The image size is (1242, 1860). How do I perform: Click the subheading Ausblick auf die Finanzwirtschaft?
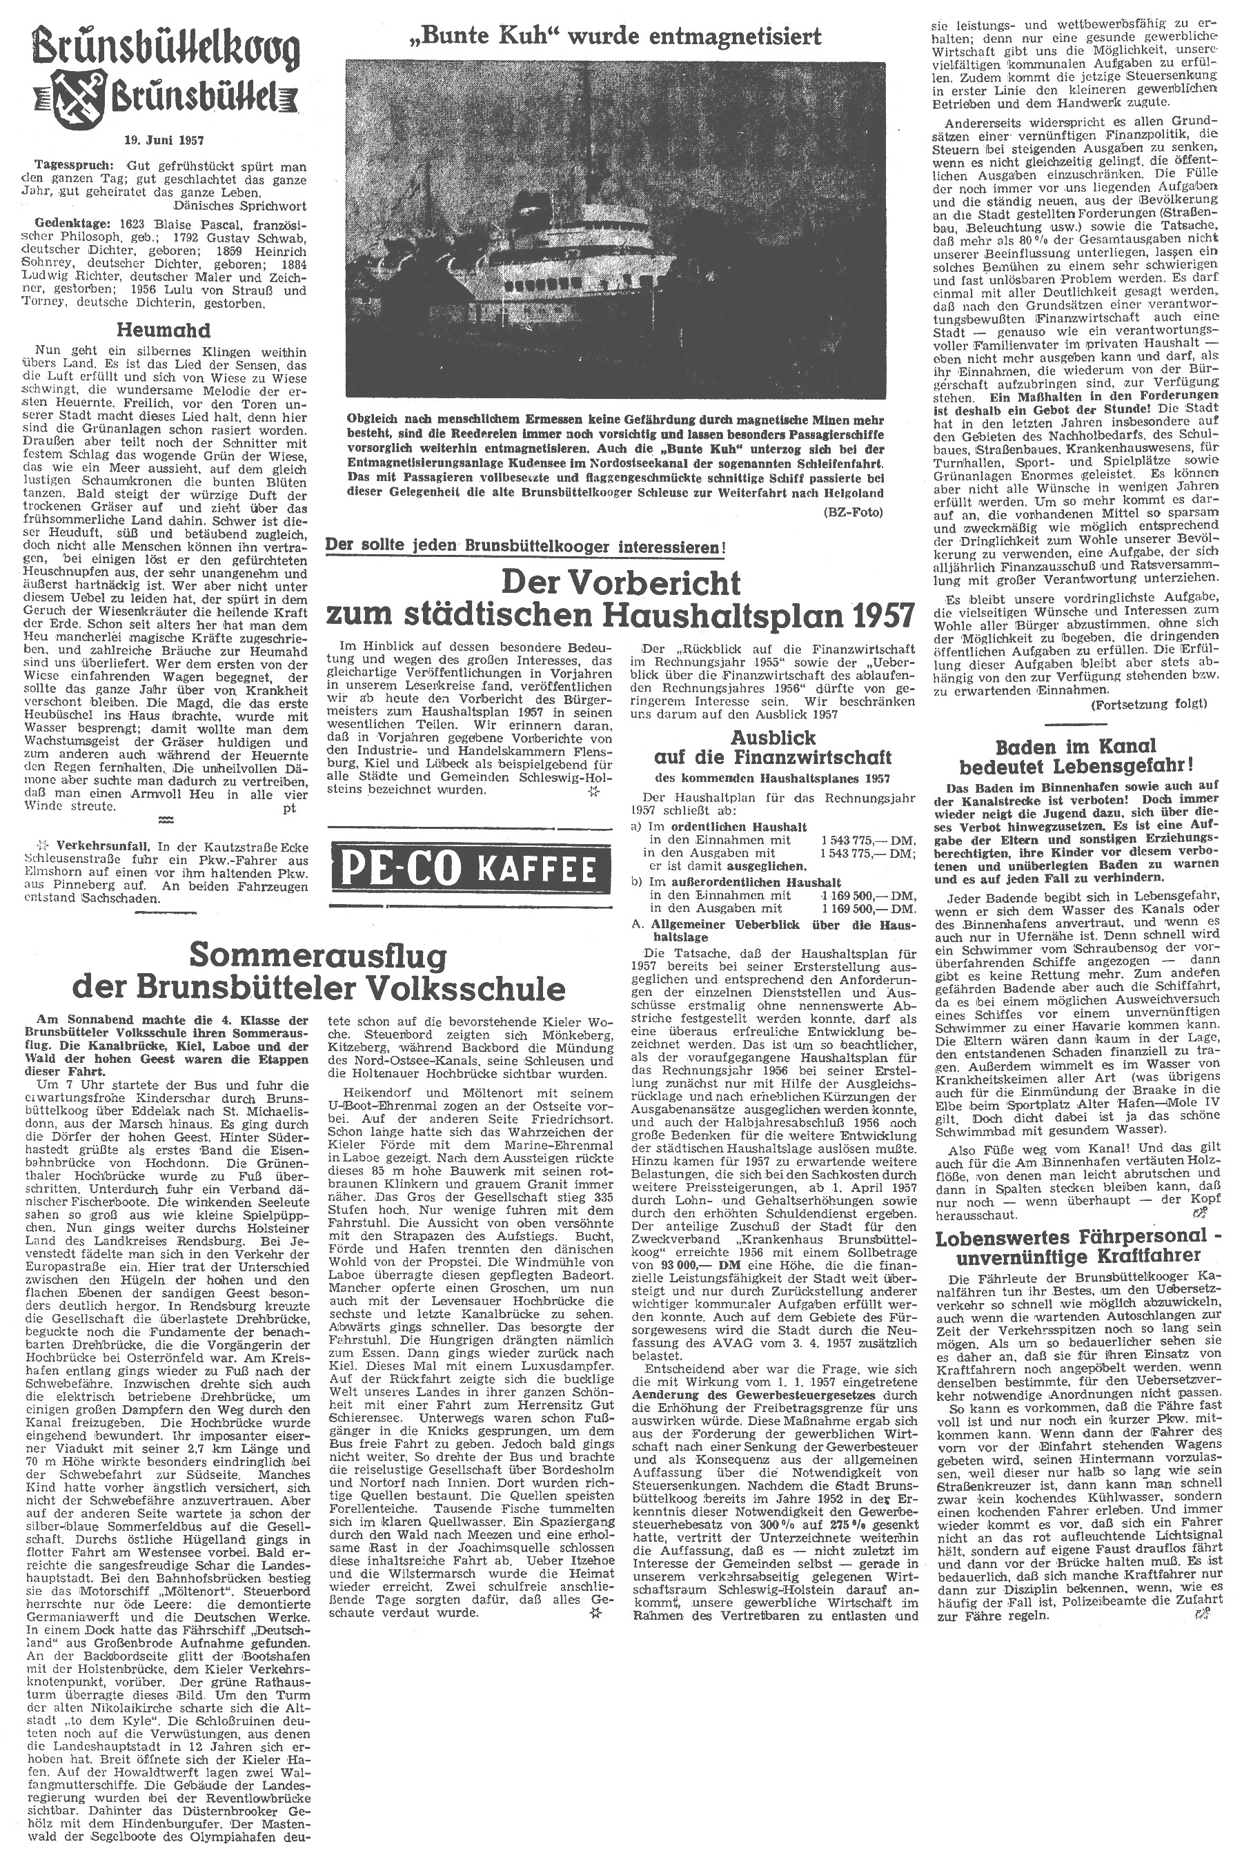click(x=773, y=746)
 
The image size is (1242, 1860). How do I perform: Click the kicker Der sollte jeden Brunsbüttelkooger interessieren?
click(x=526, y=547)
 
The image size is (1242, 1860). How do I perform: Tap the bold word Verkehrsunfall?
click(x=89, y=846)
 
